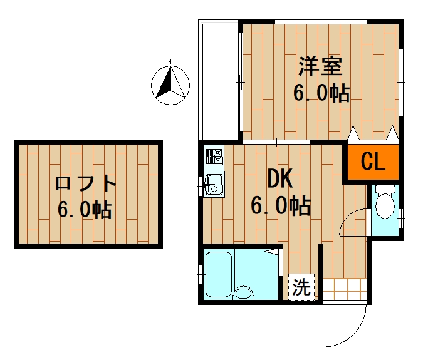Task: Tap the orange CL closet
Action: point(373,163)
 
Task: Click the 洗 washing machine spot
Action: point(301,287)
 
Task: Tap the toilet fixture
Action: point(385,203)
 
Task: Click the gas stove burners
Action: point(214,155)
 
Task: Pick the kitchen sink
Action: point(214,184)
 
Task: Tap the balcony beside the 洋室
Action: point(219,78)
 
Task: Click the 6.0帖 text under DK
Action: point(280,205)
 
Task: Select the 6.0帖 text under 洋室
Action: point(321,93)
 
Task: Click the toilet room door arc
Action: point(354,222)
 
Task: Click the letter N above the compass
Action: point(170,62)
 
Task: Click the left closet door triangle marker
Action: point(353,133)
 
